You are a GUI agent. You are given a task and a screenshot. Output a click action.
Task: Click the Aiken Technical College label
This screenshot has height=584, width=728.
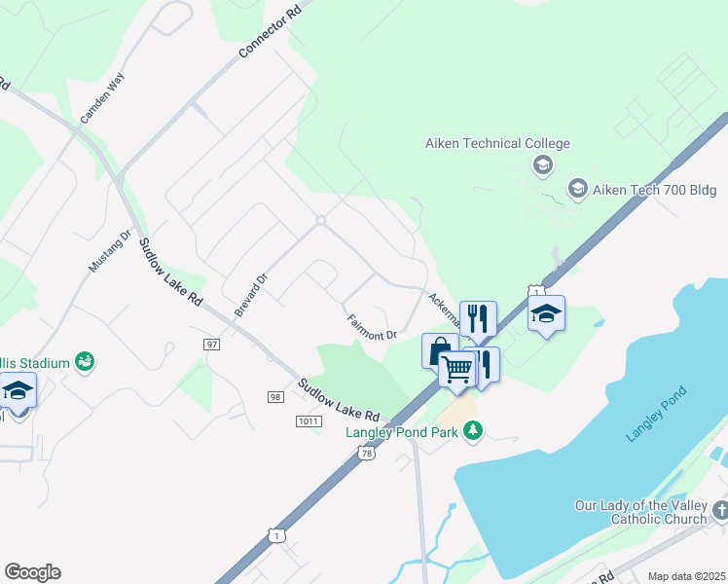(x=497, y=144)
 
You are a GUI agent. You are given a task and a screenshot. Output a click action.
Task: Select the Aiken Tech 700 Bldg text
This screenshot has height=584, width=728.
(x=654, y=190)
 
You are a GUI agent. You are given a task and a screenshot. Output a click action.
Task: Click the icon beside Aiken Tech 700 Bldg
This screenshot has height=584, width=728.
(x=577, y=188)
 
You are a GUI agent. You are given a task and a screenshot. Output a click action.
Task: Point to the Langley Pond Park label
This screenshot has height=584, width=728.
(x=403, y=431)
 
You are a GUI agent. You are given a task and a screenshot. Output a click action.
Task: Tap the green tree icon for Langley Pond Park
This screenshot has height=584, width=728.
(x=473, y=430)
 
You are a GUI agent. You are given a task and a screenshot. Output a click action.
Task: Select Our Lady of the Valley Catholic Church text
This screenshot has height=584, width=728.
(x=641, y=512)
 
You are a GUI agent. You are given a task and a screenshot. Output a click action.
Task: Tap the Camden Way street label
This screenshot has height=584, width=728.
(x=102, y=98)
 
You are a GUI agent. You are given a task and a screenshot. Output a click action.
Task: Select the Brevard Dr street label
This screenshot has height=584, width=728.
(x=249, y=293)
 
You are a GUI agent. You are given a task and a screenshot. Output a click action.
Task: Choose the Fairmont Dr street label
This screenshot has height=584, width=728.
(x=372, y=326)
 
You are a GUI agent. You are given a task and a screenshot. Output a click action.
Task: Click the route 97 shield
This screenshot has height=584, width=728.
(x=212, y=345)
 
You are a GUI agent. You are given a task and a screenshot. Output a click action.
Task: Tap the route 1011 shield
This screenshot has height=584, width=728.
(x=308, y=420)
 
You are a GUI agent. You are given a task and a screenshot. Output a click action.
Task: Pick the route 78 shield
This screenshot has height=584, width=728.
(x=365, y=453)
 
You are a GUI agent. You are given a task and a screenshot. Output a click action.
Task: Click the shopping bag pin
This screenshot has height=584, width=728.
(x=439, y=349)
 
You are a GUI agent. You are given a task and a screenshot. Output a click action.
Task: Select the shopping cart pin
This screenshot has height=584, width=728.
(x=456, y=368)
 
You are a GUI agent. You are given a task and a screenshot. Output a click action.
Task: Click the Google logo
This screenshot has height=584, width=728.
(x=32, y=572)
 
